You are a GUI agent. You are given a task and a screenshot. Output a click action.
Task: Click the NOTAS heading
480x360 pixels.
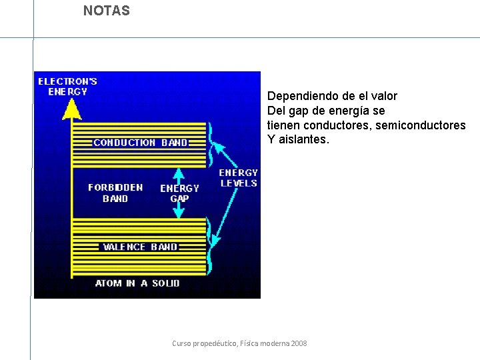tap(107, 11)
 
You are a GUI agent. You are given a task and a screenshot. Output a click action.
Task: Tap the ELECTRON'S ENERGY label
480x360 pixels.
tap(67, 87)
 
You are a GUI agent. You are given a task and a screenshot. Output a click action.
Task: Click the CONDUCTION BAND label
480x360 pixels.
tap(140, 142)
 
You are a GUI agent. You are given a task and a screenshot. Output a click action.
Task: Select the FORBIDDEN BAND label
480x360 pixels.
tap(115, 193)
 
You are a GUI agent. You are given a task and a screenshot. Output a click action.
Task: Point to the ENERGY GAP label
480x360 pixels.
tap(179, 193)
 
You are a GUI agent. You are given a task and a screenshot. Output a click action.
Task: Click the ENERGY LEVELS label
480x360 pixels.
tap(238, 178)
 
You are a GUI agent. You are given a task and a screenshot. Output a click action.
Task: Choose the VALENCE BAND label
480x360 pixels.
tap(140, 247)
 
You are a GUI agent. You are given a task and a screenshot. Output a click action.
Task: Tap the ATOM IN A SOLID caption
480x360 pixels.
tap(137, 283)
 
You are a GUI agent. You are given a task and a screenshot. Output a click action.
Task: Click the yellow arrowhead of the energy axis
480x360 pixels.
tap(71, 109)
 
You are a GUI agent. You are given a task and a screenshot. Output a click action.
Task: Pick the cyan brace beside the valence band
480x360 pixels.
tap(211, 239)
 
